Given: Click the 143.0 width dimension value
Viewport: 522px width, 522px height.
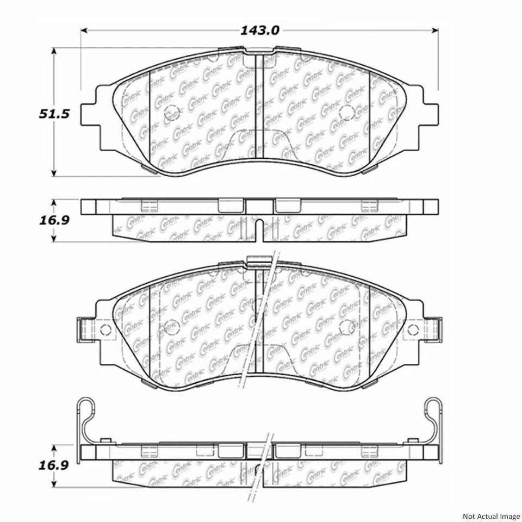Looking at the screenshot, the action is point(260,30).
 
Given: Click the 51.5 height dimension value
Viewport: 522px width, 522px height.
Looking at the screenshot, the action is point(54,114).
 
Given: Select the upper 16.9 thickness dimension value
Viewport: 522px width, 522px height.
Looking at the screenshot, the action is point(54,220).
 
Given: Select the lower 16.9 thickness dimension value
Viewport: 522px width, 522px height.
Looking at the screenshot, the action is point(54,465).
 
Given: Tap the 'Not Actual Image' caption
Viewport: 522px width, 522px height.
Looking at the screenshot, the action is point(490,517).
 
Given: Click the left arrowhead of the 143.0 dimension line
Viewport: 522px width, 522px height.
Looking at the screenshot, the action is point(84,30).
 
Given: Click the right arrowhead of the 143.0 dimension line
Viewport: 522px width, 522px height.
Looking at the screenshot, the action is point(435,30).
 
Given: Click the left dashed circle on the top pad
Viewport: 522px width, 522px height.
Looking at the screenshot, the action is point(172,111).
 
